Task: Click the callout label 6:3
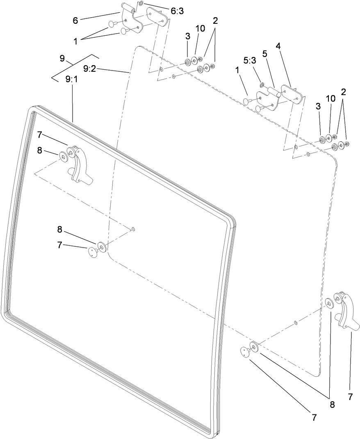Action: pyautogui.click(x=177, y=11)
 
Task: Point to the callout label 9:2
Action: pyautogui.click(x=90, y=69)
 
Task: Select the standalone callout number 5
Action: pyautogui.click(x=265, y=53)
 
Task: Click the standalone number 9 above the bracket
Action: pyautogui.click(x=62, y=58)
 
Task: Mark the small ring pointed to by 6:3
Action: pyautogui.click(x=141, y=4)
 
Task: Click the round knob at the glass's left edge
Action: pyautogui.click(x=93, y=251)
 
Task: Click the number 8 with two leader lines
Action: pyautogui.click(x=332, y=404)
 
